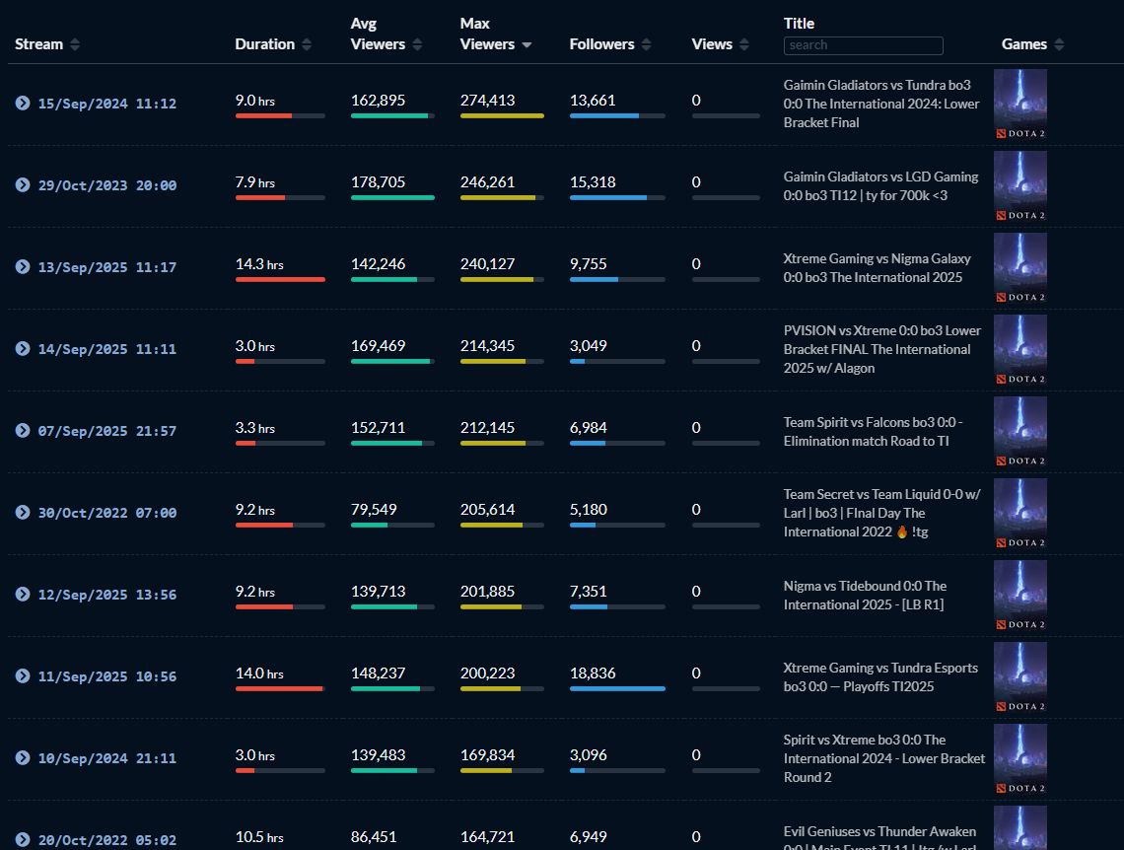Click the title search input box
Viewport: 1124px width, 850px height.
coord(863,45)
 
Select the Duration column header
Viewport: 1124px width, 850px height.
coord(264,44)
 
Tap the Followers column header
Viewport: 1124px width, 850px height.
coord(601,44)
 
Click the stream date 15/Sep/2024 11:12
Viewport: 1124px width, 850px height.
coord(107,104)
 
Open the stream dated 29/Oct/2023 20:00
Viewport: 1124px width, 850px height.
coord(107,185)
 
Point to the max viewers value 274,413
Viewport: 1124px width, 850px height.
coord(487,101)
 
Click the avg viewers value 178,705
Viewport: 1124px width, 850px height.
coord(378,182)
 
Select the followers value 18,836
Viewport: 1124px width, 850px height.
coord(593,673)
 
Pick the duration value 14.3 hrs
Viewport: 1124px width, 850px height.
coord(259,264)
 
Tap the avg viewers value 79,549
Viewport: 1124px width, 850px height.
coord(374,510)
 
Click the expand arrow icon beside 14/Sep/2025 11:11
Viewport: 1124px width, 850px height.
coord(23,349)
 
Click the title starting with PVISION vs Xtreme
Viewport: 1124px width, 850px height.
coord(882,349)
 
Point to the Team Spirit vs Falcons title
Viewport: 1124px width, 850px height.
coord(873,431)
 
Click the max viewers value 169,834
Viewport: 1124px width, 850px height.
coord(487,755)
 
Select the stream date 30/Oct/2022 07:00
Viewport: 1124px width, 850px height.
coord(107,513)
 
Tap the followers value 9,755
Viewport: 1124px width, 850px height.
coord(589,264)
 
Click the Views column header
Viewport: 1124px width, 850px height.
coord(712,44)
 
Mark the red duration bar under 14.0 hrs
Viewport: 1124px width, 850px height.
coord(279,688)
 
